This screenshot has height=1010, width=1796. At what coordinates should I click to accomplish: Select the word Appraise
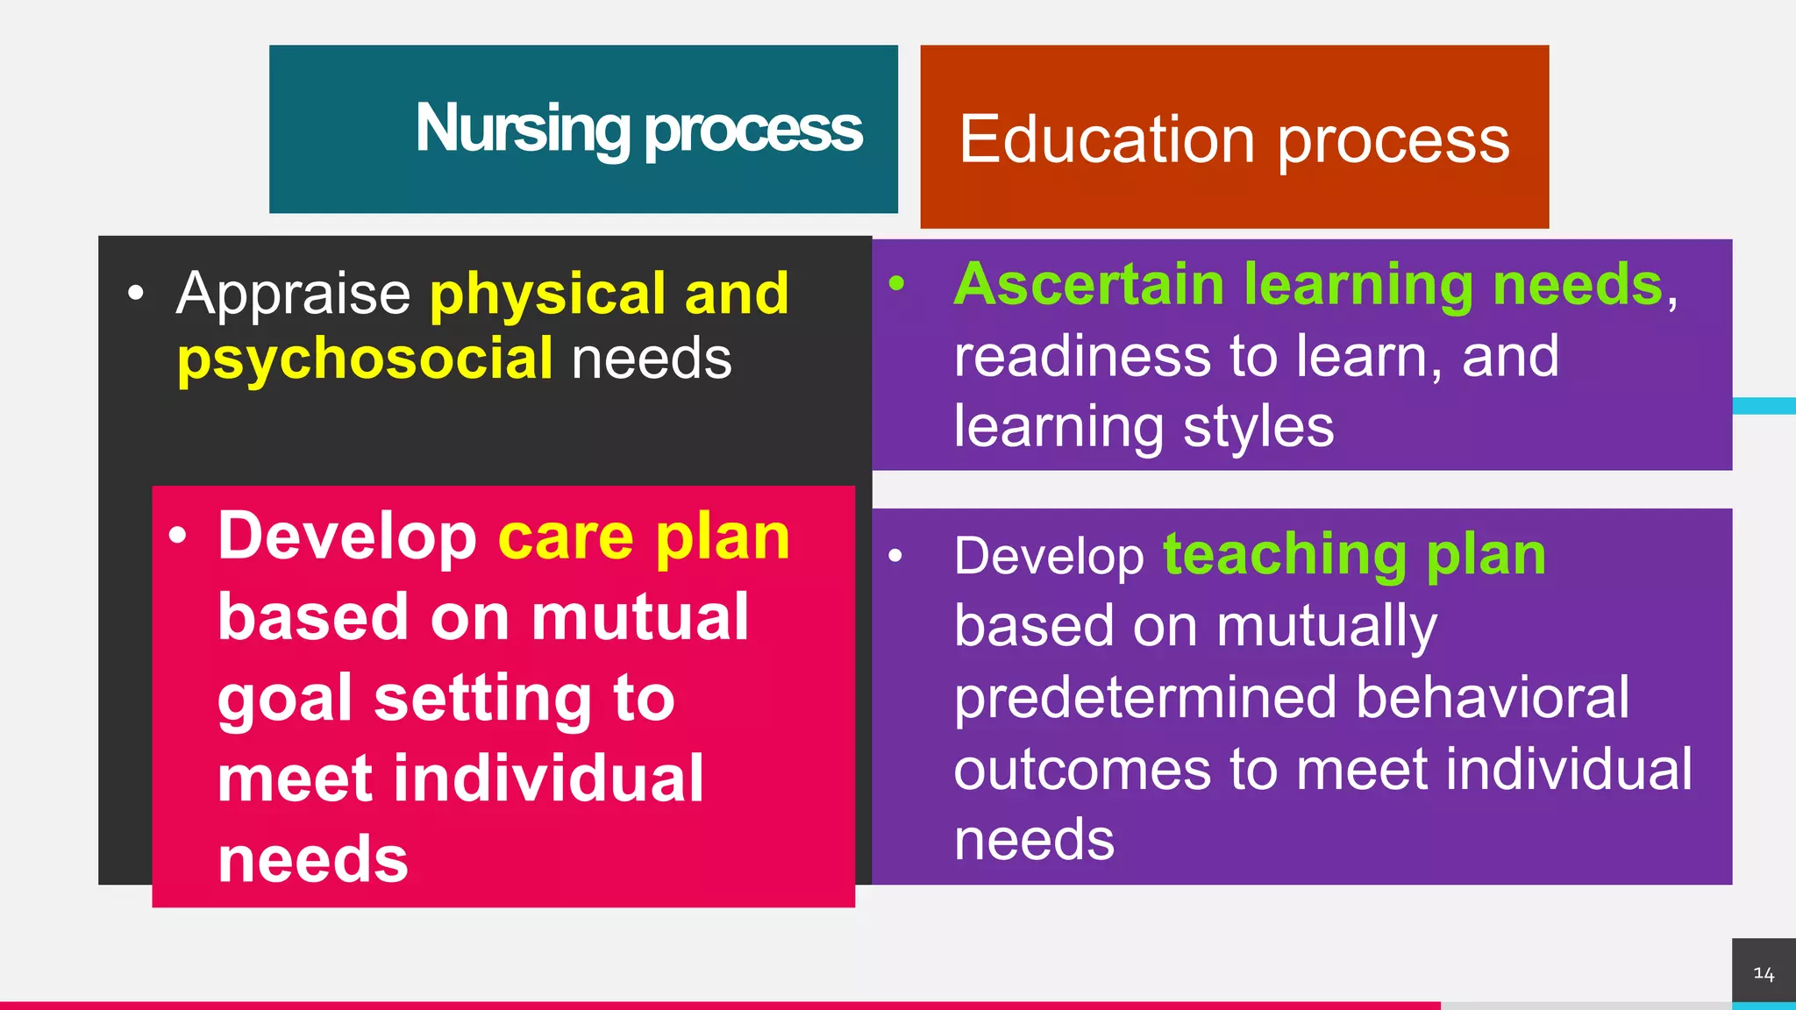tap(293, 293)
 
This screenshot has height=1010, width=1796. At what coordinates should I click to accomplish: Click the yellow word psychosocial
tap(365, 359)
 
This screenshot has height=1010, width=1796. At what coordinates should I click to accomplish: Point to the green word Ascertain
tap(1088, 285)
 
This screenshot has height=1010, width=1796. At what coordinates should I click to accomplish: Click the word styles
tap(1258, 428)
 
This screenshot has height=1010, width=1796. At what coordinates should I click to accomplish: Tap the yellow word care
tap(566, 537)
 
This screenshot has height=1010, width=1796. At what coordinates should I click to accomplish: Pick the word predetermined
tap(1145, 698)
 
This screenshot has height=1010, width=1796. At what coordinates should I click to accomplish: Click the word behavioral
tap(1493, 698)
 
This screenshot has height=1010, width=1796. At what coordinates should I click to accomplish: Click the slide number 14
tap(1764, 974)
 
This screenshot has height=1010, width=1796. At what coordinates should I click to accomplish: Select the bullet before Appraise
tap(135, 294)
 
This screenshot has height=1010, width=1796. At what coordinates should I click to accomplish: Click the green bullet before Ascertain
tap(895, 284)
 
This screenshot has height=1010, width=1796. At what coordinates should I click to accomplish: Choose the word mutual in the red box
tap(640, 617)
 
